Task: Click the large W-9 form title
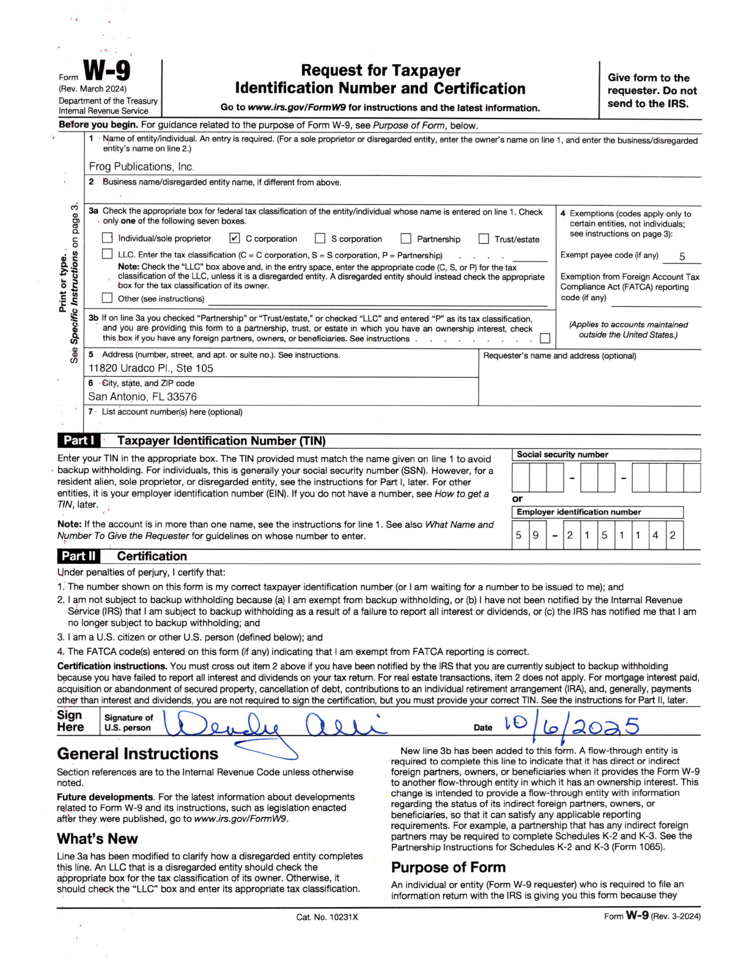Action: pos(106,71)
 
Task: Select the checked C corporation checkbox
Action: pos(235,238)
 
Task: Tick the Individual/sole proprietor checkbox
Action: pos(108,238)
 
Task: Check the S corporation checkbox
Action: pos(320,238)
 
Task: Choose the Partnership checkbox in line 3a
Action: pos(406,238)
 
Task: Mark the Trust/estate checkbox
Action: pos(484,238)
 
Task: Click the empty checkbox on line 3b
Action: pos(545,338)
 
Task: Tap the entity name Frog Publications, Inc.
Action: pos(141,167)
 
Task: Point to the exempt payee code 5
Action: pos(682,257)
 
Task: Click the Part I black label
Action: pos(79,441)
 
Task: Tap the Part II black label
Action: pos(79,556)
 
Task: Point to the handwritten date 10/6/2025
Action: pos(572,726)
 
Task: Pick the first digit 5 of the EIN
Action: pos(518,535)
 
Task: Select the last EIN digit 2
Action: pos(673,535)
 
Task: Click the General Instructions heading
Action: pos(138,754)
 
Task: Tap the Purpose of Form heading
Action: pos(448,867)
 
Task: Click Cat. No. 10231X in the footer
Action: pos(327,917)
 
